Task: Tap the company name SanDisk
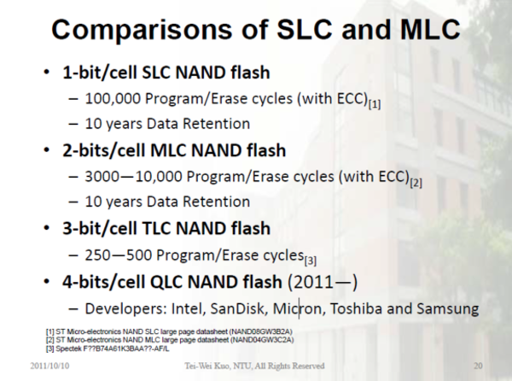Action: [x=276, y=307]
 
